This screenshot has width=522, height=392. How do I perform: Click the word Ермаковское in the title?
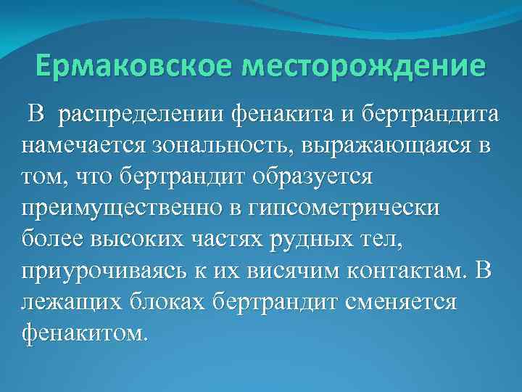click(x=136, y=68)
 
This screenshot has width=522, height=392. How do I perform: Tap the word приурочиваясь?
click(x=97, y=270)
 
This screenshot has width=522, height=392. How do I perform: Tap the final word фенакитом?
click(x=84, y=333)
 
